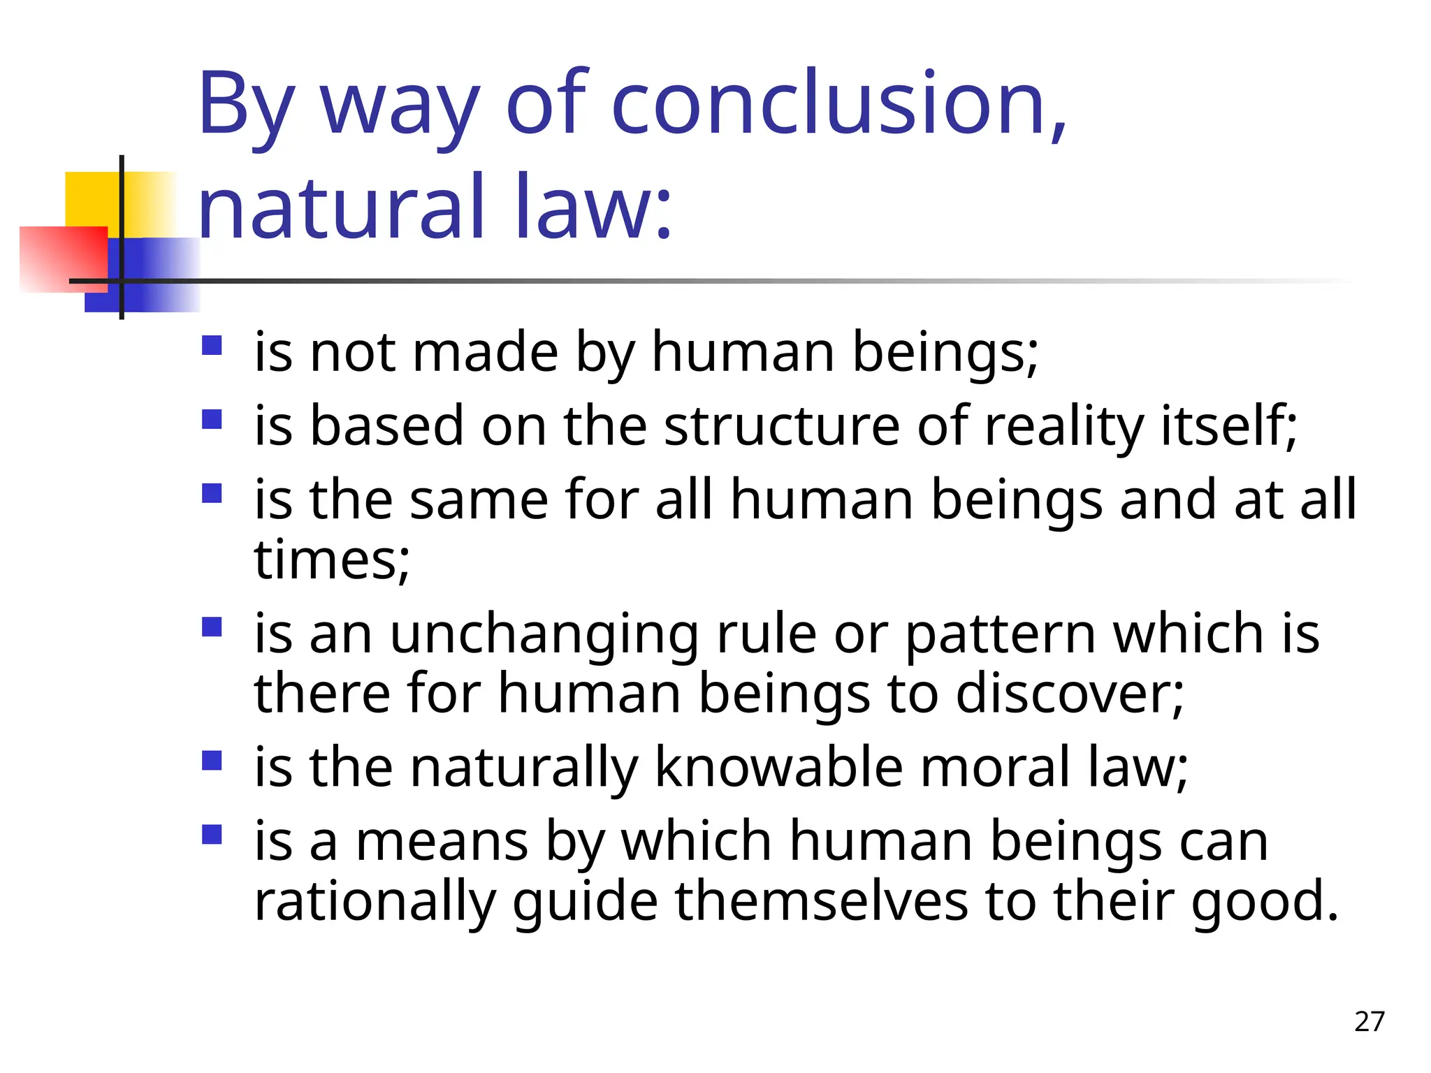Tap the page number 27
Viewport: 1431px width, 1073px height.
[1369, 1021]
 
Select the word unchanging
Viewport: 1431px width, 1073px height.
[544, 634]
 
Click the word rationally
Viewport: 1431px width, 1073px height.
[375, 901]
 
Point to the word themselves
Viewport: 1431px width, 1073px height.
[821, 901]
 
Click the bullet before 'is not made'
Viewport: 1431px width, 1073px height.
[212, 346]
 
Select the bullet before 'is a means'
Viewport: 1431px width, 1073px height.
[212, 835]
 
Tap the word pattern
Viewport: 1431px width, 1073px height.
[1000, 634]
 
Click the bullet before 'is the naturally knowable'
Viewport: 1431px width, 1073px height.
[212, 760]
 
